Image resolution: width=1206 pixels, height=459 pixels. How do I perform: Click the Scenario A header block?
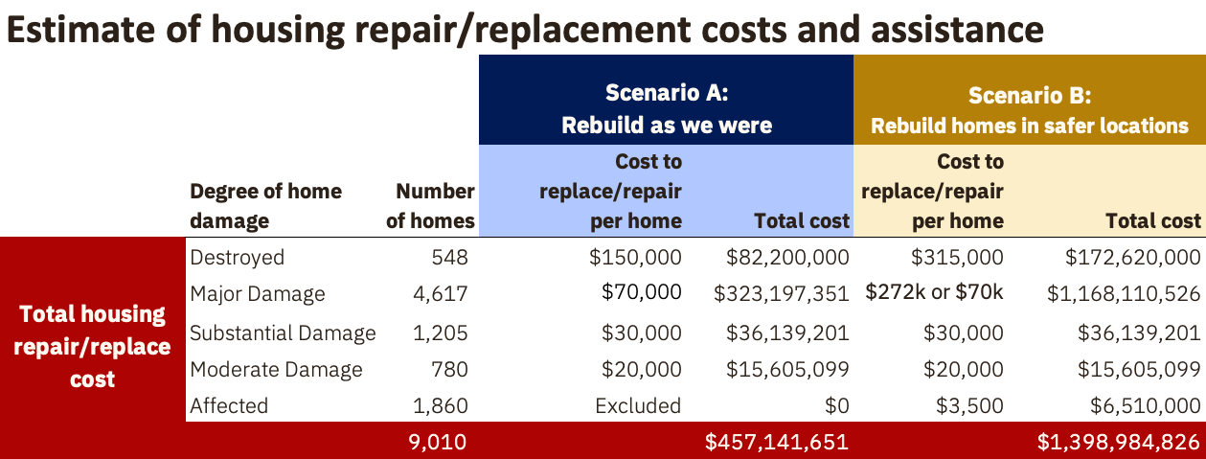[666, 100]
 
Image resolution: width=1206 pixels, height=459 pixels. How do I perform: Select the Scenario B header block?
[1030, 100]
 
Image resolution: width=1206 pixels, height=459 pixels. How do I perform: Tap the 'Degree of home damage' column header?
[266, 206]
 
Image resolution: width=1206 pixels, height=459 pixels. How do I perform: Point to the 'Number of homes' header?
[430, 206]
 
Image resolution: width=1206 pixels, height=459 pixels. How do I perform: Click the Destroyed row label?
[237, 257]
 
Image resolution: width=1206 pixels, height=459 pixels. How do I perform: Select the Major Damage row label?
[258, 293]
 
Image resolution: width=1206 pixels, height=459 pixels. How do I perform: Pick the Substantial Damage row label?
[283, 333]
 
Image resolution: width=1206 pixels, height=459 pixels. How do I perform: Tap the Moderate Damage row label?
[276, 370]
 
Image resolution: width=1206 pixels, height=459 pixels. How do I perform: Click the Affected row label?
[229, 405]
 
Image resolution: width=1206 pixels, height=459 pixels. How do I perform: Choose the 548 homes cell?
[449, 257]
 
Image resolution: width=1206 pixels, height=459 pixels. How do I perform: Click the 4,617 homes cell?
[441, 293]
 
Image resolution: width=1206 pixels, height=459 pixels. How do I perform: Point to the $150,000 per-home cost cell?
[635, 257]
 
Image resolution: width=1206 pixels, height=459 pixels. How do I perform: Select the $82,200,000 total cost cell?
[787, 257]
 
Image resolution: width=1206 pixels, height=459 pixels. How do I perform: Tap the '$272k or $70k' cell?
[934, 292]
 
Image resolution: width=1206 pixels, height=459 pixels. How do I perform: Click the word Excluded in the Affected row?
[638, 405]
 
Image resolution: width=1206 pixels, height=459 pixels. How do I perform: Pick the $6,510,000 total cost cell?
[1146, 405]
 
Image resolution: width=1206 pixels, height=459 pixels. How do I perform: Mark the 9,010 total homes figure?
[437, 442]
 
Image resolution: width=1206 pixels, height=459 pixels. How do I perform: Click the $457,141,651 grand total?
[777, 442]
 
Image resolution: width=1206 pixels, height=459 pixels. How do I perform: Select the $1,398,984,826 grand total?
[1119, 442]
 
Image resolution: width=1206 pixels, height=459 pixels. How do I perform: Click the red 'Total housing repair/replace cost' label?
[92, 346]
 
